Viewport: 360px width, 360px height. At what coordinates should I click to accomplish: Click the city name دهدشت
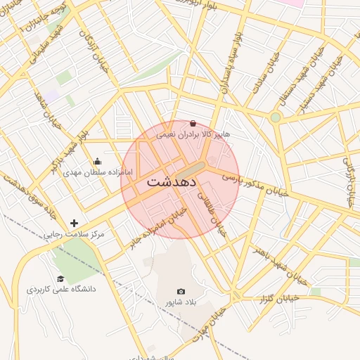pos(173,181)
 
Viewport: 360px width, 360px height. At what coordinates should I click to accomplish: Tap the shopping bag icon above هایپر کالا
pos(193,123)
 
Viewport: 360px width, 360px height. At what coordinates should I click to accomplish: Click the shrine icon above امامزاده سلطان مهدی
pos(98,161)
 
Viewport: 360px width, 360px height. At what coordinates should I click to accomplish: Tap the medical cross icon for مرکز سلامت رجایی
pos(74,223)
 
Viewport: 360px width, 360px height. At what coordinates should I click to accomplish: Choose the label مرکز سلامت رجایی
pos(75,233)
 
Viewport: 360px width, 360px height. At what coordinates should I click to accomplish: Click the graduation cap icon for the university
pos(60,278)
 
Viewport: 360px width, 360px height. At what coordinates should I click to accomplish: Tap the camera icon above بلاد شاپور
pos(181,291)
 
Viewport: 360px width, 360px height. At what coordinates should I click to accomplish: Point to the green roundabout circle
pos(276,117)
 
